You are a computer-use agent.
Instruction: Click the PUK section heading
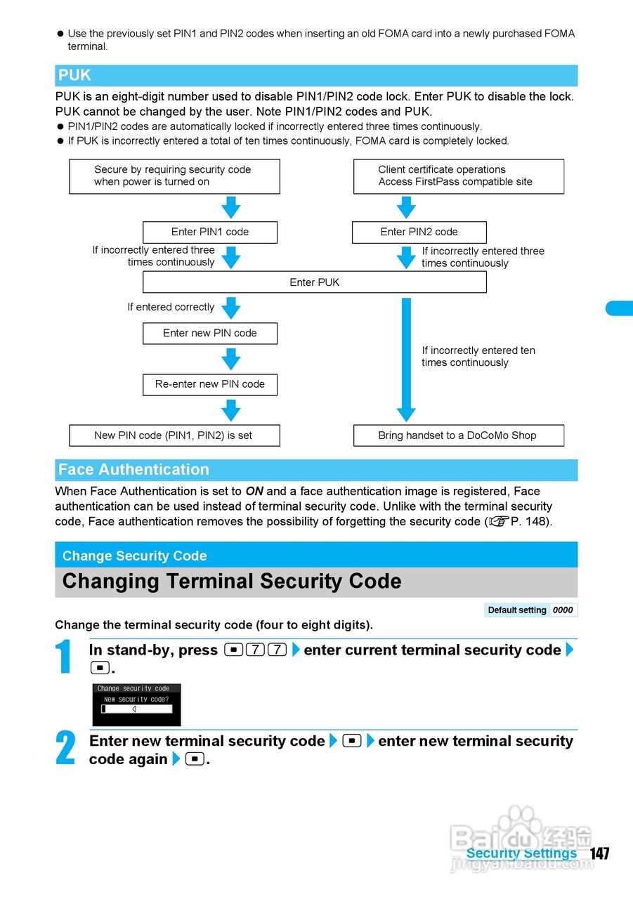tap(75, 76)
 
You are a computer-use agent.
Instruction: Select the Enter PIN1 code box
tap(209, 232)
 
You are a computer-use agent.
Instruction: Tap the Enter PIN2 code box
tap(419, 232)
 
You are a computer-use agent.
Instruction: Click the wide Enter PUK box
tap(314, 282)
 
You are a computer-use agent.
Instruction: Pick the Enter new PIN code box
tap(209, 333)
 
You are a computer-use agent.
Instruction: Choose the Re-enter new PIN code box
tap(209, 384)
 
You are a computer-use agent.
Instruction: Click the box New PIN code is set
tap(174, 435)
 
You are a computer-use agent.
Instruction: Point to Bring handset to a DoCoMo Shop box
tap(457, 435)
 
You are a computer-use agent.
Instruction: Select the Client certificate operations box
tap(458, 176)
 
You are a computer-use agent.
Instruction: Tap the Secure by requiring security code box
tap(174, 176)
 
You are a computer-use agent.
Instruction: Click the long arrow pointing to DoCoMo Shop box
tap(406, 358)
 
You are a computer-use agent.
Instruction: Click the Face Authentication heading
tap(133, 470)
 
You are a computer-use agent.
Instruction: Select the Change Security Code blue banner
tap(315, 556)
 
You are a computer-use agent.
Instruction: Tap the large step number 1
tap(64, 658)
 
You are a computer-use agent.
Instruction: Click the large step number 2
tap(65, 749)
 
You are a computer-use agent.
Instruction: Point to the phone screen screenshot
tap(136, 704)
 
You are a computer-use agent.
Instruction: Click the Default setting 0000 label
tap(530, 610)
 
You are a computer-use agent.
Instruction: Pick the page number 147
tap(599, 853)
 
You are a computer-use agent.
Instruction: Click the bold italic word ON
tap(254, 492)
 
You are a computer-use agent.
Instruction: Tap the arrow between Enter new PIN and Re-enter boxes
tap(230, 360)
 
